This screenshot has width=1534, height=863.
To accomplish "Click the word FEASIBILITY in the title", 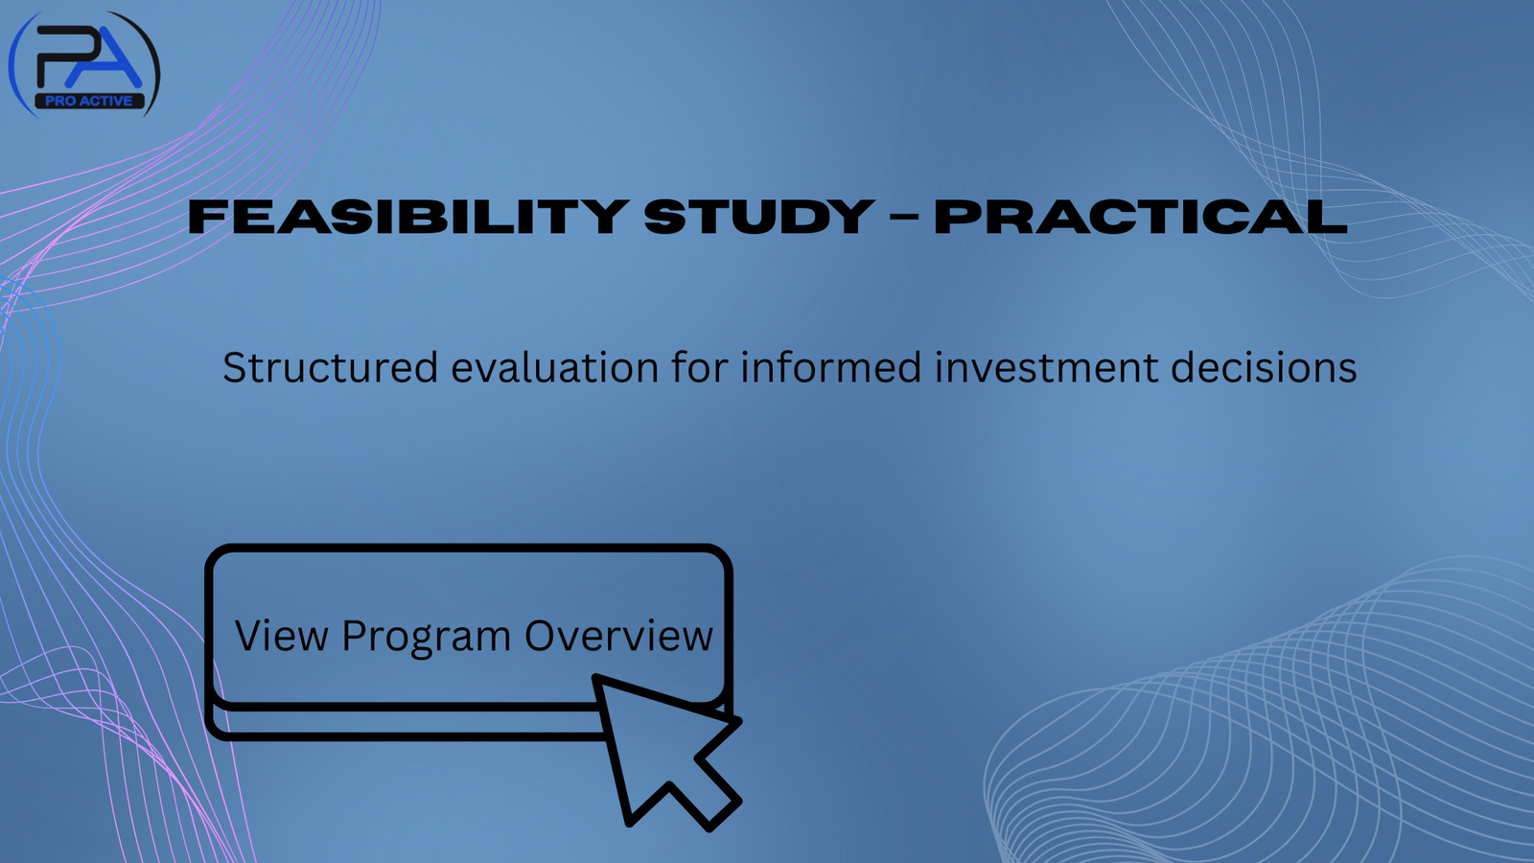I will [407, 217].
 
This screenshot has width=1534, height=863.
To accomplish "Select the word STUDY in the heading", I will [758, 217].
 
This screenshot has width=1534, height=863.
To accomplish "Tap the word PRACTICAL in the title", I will [1140, 217].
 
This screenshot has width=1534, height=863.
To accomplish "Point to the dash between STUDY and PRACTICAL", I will [904, 219].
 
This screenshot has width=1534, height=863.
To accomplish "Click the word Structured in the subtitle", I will [330, 368].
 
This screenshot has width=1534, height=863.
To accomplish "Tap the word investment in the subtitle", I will [1047, 368].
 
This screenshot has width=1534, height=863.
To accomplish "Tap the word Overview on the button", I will [618, 637].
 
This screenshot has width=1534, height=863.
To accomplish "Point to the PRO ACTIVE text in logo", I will [89, 101].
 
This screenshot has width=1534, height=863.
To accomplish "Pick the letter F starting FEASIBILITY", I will [204, 217].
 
